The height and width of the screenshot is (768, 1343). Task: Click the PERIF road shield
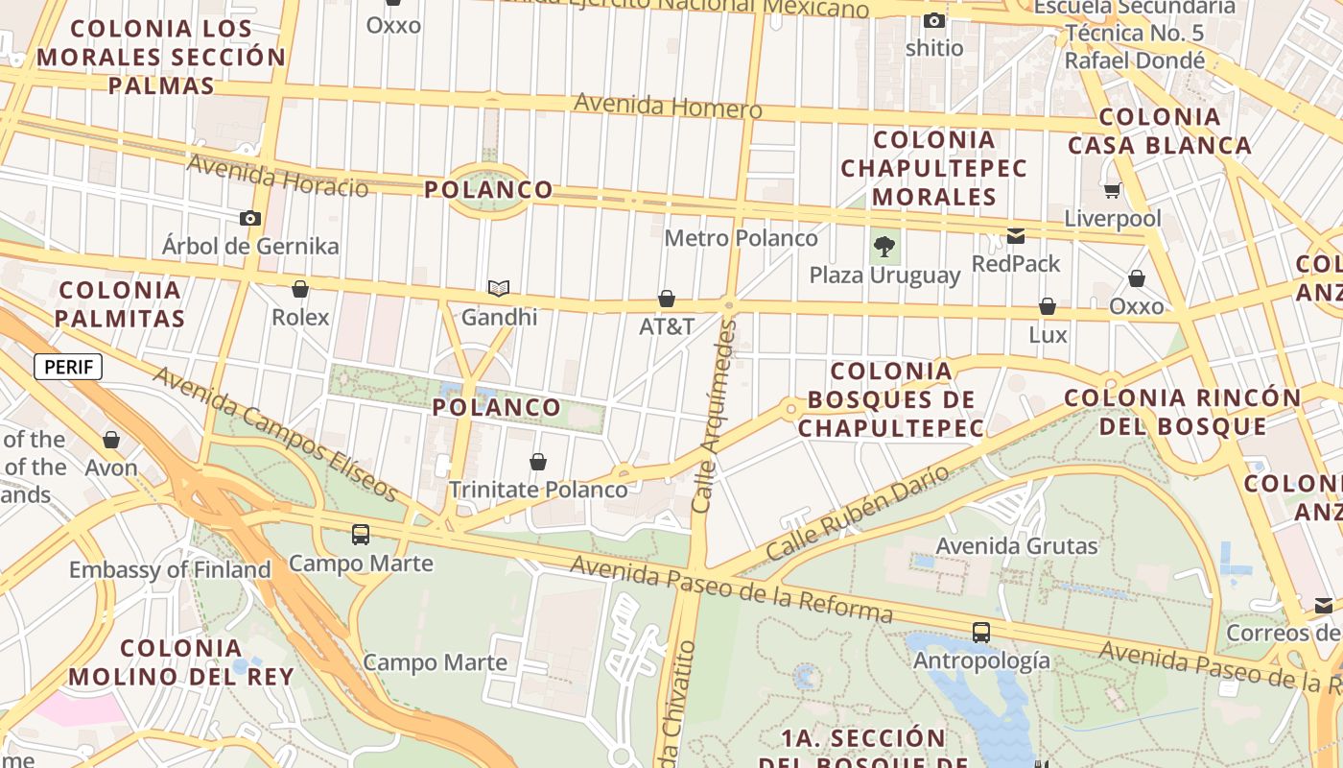67,366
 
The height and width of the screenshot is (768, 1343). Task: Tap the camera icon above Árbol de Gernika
250,218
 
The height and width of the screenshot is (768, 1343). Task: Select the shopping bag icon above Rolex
300,289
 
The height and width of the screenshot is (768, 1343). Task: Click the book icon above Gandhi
499,288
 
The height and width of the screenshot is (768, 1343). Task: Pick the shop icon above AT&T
667,299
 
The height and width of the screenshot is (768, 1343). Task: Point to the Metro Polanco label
741,237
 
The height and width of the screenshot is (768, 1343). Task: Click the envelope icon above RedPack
1016,236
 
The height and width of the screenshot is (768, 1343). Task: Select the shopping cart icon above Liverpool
1112,190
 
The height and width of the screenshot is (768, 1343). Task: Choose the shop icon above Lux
1048,306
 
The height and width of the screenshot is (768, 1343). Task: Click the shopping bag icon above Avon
111,440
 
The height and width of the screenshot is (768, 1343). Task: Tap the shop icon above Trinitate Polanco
538,462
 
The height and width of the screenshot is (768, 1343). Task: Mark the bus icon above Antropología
980,633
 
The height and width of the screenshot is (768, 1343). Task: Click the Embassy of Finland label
170,569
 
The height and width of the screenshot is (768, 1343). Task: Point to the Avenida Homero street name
668,106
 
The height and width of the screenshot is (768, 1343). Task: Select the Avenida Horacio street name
277,175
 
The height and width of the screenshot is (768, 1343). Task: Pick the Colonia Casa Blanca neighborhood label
1159,132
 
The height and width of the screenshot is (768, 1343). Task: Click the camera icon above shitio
933,20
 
